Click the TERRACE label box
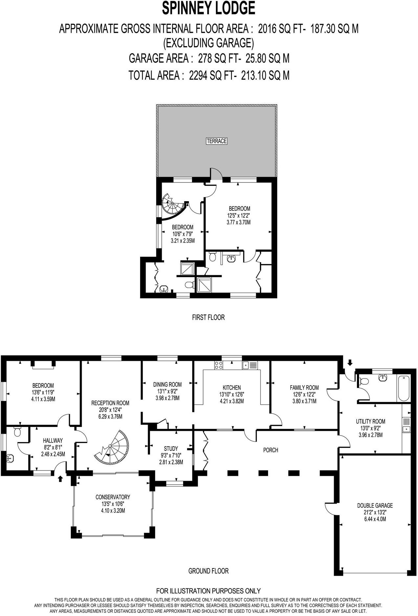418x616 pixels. (x=217, y=141)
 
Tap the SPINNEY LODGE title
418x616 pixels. (x=209, y=9)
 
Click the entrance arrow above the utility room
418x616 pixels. (x=350, y=362)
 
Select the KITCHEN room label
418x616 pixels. (x=232, y=387)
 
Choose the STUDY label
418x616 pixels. (x=171, y=449)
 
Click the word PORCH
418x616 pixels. (x=271, y=450)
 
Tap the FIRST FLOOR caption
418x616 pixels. (x=208, y=317)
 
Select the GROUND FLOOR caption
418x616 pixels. (x=208, y=571)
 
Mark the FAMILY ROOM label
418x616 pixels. (x=304, y=388)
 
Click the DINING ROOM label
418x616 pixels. (x=167, y=384)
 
